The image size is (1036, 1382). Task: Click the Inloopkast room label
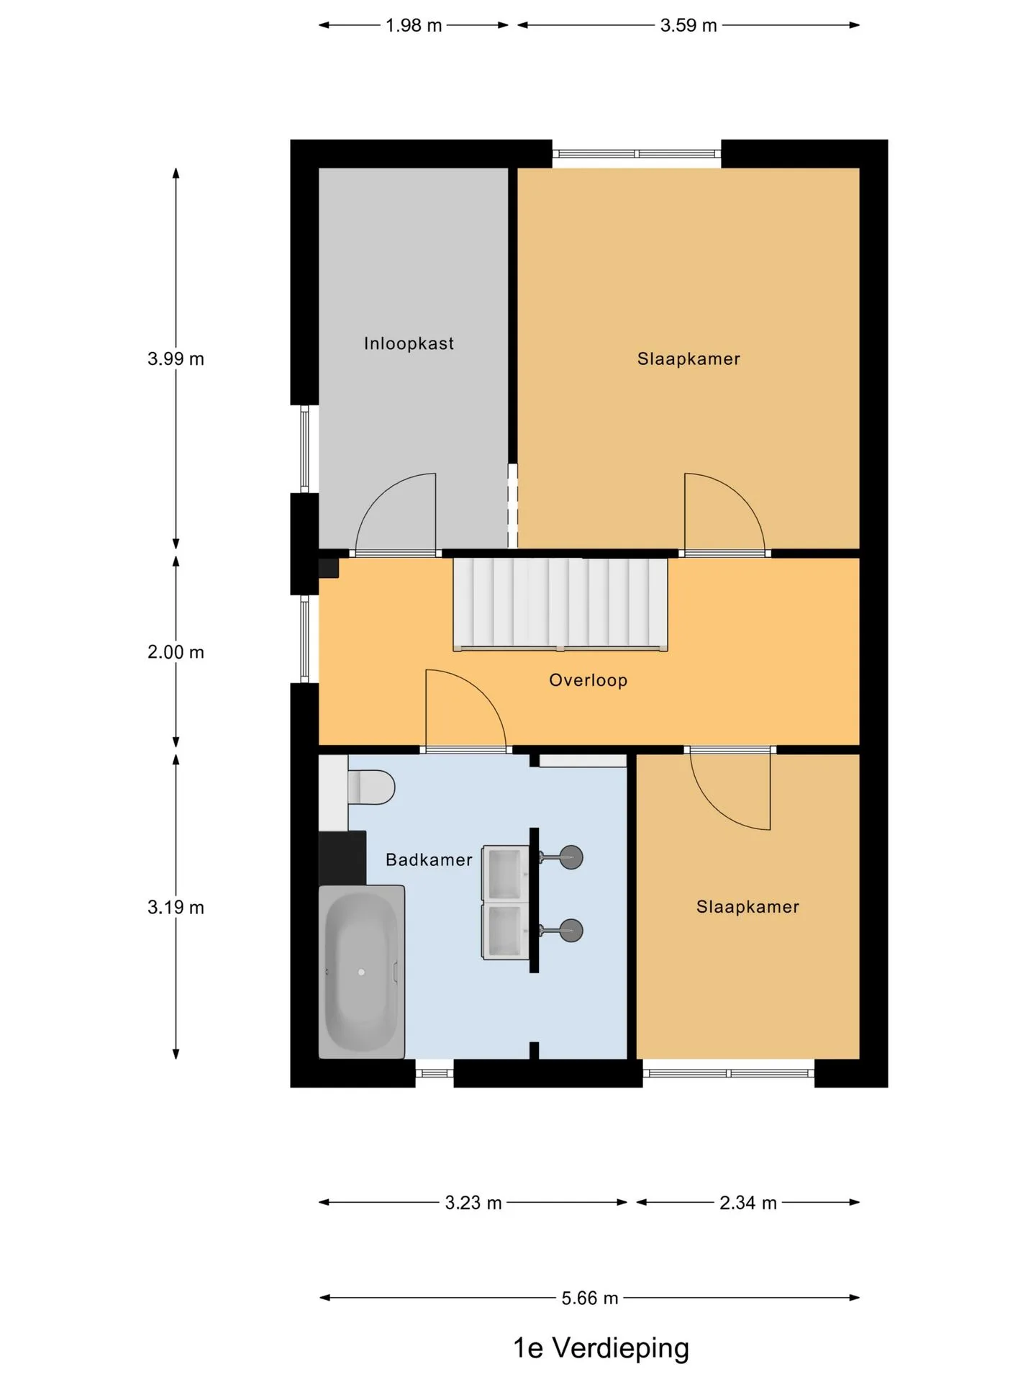pos(409,343)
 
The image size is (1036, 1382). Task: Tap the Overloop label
pos(588,680)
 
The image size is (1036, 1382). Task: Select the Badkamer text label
pos(429,859)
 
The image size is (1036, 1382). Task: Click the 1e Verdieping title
pos(601,1347)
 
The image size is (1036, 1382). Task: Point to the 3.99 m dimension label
pos(176,358)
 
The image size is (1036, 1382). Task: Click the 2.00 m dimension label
pos(176,652)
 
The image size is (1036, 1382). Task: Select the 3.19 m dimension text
pos(176,907)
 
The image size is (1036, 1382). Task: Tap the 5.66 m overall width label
pos(590,1298)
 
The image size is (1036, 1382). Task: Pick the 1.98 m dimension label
pos(414,25)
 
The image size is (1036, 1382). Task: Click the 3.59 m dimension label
pos(689,25)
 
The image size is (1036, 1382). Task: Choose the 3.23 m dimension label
pos(473,1203)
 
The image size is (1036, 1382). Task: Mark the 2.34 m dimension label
pos(748,1203)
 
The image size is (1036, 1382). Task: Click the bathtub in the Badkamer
pos(361,972)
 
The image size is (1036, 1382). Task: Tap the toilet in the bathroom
pos(371,787)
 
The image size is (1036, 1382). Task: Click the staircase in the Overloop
pos(560,605)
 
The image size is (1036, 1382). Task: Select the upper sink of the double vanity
pos(505,873)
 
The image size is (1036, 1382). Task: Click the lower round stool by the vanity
pos(571,930)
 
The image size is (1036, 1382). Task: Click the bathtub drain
pos(361,972)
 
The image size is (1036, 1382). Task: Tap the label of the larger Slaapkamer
pos(689,358)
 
